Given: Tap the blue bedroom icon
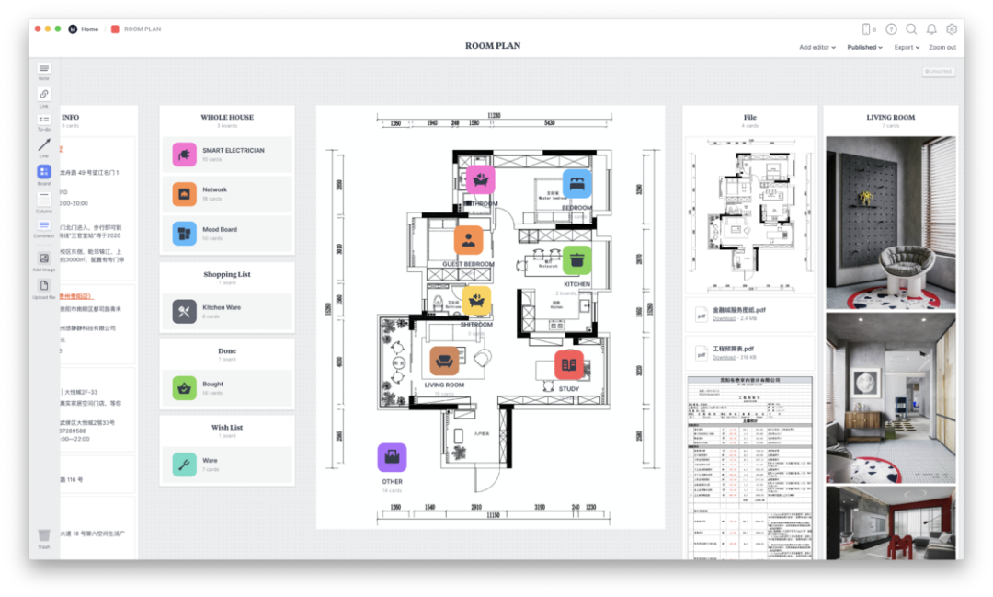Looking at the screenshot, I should click(577, 183).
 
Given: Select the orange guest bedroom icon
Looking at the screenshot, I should click(468, 240).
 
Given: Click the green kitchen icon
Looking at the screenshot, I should click(576, 260).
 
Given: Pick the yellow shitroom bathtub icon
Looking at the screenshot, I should click(476, 300).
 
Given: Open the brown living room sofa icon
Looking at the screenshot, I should click(444, 361).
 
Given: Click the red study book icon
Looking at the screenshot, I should click(568, 364).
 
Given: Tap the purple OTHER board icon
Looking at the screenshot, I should click(393, 457).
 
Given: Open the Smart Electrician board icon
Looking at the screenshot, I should click(185, 155).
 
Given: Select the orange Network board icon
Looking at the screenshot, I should click(185, 194).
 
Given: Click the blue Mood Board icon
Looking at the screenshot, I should click(185, 234).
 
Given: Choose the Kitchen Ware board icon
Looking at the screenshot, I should click(185, 312).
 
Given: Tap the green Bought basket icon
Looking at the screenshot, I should click(185, 388).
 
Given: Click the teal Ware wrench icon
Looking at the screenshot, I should click(185, 465).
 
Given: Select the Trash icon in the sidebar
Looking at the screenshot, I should click(44, 535).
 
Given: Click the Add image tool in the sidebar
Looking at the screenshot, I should click(44, 258).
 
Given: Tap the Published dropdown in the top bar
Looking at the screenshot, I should click(864, 47).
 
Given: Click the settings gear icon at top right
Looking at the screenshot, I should click(952, 29).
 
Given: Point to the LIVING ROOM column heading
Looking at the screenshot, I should click(890, 118).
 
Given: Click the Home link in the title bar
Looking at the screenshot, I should click(89, 29).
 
